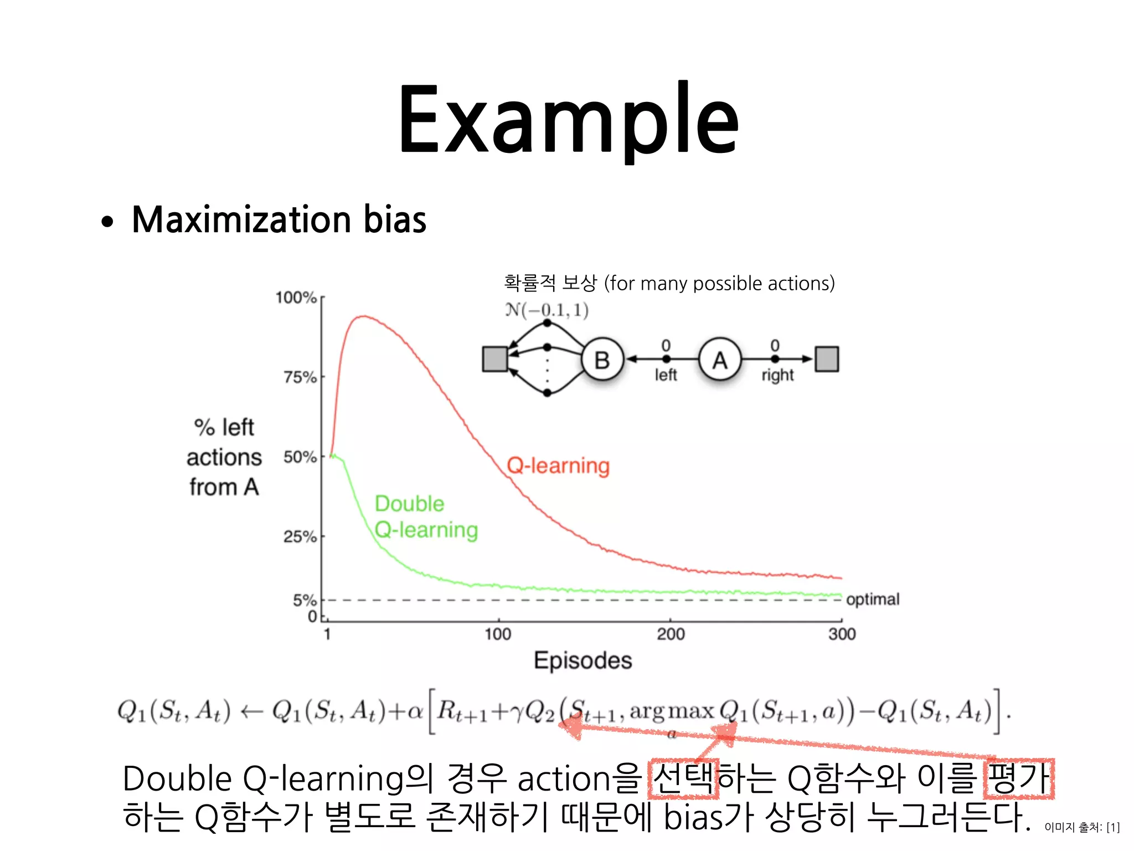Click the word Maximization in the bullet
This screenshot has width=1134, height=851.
pyautogui.click(x=241, y=220)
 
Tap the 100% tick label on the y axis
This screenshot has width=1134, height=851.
pyautogui.click(x=296, y=298)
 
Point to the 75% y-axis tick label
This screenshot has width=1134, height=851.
pyautogui.click(x=300, y=377)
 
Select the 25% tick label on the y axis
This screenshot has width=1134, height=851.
pyautogui.click(x=300, y=536)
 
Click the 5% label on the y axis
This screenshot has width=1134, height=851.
pyautogui.click(x=305, y=600)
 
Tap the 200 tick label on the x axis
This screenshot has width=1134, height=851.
pyautogui.click(x=671, y=634)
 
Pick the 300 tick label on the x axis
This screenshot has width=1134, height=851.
pyautogui.click(x=842, y=634)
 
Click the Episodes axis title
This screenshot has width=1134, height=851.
pyautogui.click(x=583, y=660)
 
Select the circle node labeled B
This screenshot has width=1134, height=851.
pyautogui.click(x=602, y=360)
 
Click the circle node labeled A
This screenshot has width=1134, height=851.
pyautogui.click(x=720, y=360)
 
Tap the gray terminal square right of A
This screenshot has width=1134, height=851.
pyautogui.click(x=827, y=359)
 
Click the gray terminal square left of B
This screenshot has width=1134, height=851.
pyautogui.click(x=495, y=359)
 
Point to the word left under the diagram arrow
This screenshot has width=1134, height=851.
pyautogui.click(x=666, y=375)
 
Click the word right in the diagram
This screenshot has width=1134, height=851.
pyautogui.click(x=777, y=376)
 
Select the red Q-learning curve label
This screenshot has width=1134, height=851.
pyautogui.click(x=558, y=465)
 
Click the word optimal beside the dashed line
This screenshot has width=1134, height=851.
pyautogui.click(x=873, y=599)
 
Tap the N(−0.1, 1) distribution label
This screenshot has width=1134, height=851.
pyautogui.click(x=547, y=310)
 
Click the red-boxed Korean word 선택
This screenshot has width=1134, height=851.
pyautogui.click(x=683, y=778)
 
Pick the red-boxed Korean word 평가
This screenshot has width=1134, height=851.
pyautogui.click(x=1019, y=778)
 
